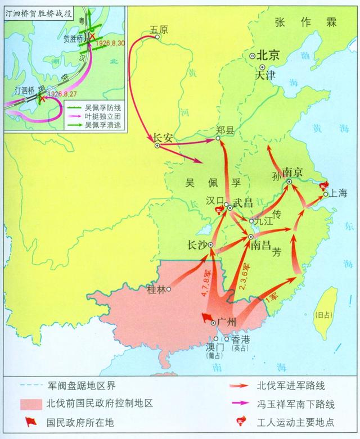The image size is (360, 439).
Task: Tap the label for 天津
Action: [265, 74]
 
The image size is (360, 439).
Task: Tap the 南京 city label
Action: [294, 171]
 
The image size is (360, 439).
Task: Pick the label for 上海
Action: [339, 193]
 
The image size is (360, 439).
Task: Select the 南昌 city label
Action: [262, 246]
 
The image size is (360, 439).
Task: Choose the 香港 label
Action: [237, 339]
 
